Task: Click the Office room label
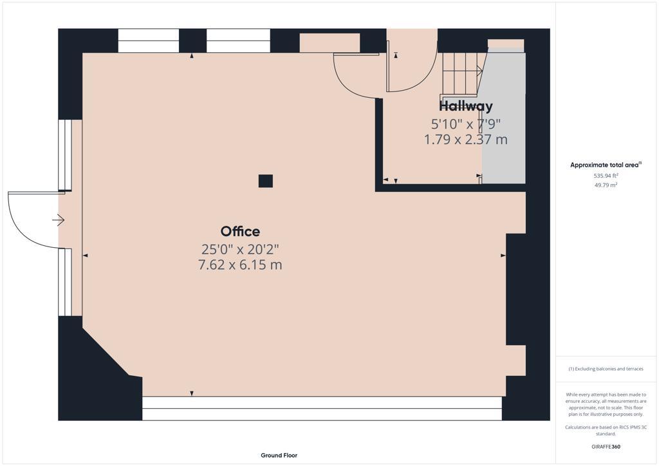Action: tap(240, 232)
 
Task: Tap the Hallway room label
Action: tap(466, 106)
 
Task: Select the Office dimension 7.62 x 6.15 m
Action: tap(240, 265)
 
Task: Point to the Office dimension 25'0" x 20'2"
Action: tap(240, 248)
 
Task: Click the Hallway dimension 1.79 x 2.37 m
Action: tap(466, 139)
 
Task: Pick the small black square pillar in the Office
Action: tap(265, 181)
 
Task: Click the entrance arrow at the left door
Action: tap(58, 220)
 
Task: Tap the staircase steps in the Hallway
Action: tap(461, 73)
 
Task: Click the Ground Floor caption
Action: tap(279, 455)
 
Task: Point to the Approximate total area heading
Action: tap(605, 165)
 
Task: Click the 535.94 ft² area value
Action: tap(606, 175)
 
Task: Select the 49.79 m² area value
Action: tap(606, 185)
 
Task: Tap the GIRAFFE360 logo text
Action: tap(606, 447)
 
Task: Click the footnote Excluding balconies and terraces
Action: tap(606, 369)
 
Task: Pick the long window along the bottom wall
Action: tap(322, 408)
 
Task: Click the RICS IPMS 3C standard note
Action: tap(606, 430)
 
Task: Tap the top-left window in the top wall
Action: tap(148, 41)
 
